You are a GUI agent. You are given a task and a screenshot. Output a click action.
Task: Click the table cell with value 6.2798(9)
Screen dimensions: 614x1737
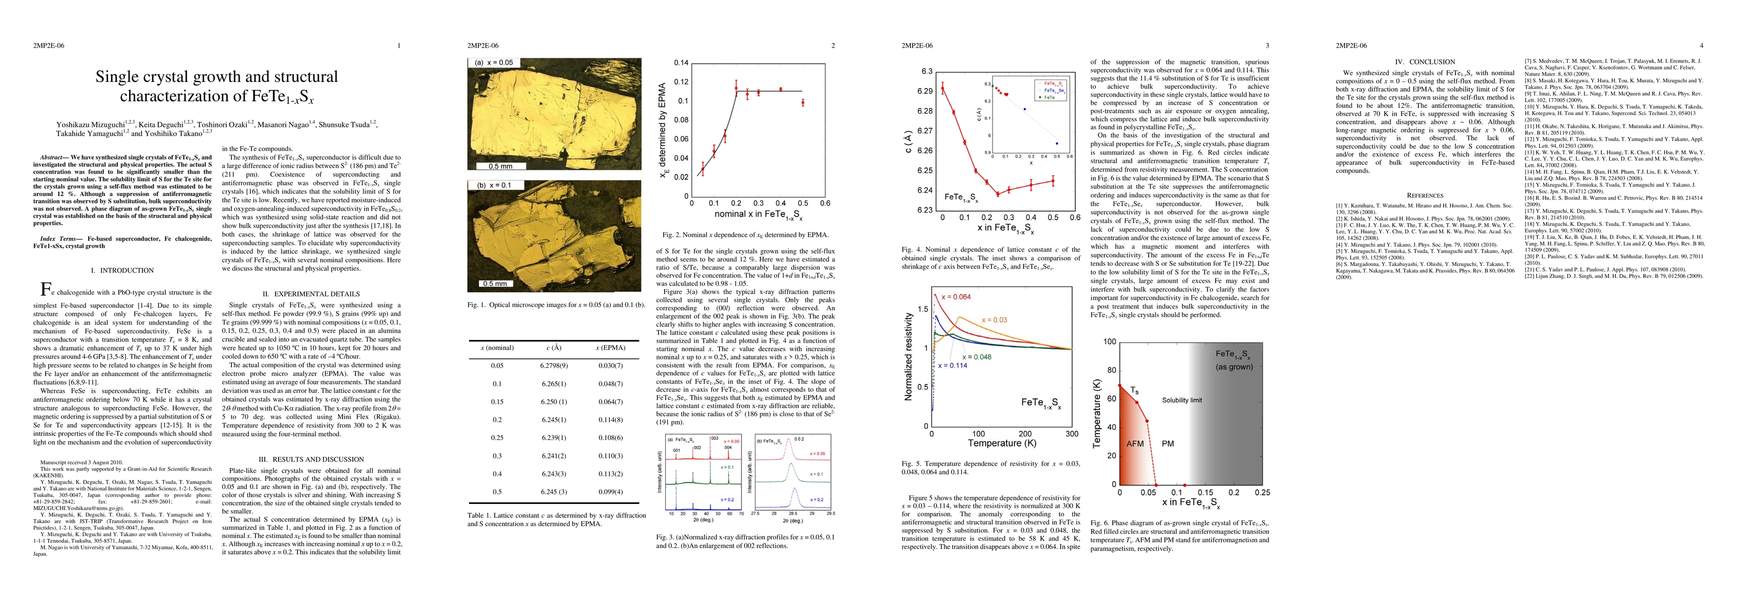pyautogui.click(x=554, y=365)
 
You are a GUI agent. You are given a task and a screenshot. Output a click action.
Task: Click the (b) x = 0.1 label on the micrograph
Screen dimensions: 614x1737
pyautogui.click(x=494, y=185)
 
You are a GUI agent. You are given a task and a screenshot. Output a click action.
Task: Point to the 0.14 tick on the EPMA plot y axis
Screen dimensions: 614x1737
pyautogui.click(x=681, y=63)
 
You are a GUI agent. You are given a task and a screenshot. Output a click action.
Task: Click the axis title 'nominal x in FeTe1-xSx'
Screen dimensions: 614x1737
pyautogui.click(x=758, y=215)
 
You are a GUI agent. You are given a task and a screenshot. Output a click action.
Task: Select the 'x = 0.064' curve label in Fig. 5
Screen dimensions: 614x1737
pyautogui.click(x=956, y=297)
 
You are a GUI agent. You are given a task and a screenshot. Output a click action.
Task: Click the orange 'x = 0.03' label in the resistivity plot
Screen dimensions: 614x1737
pyautogui.click(x=994, y=319)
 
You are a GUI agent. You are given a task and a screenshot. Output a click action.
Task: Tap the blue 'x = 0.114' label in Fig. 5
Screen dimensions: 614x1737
pyautogui.click(x=952, y=365)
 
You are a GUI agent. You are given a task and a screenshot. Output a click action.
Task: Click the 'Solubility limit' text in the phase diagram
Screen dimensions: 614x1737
pyautogui.click(x=1181, y=400)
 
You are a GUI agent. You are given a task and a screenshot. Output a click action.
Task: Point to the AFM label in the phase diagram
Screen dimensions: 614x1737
pyautogui.click(x=1135, y=444)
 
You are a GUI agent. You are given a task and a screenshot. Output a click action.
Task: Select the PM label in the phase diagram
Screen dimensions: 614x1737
pyautogui.click(x=1168, y=444)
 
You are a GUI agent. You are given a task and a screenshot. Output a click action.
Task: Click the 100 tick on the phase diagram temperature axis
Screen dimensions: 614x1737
pyautogui.click(x=1109, y=342)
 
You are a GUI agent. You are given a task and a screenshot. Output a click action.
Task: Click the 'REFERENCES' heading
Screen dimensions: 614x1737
pyautogui.click(x=1425, y=195)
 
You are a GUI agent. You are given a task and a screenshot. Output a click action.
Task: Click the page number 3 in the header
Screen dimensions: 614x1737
pyautogui.click(x=1267, y=46)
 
